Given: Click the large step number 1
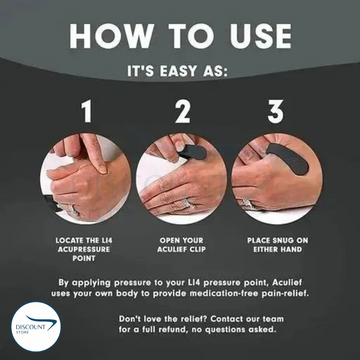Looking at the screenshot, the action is (87, 112).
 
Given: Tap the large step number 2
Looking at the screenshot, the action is (183, 112).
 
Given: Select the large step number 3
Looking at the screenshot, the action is (276, 112).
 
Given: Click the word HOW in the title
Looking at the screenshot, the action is (112, 36).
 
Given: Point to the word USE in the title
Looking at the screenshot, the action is (261, 36).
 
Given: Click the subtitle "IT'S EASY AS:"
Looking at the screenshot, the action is (177, 72).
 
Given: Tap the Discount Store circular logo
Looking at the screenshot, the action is (36, 327).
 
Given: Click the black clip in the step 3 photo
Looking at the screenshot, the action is (289, 159).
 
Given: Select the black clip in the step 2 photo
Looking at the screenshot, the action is (192, 153).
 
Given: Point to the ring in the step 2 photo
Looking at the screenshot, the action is (187, 202).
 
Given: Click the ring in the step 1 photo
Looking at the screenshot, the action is (74, 210).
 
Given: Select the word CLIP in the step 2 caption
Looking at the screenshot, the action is (196, 249).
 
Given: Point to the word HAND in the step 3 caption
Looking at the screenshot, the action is (291, 249).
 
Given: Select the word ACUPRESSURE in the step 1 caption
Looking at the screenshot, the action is (84, 249).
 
